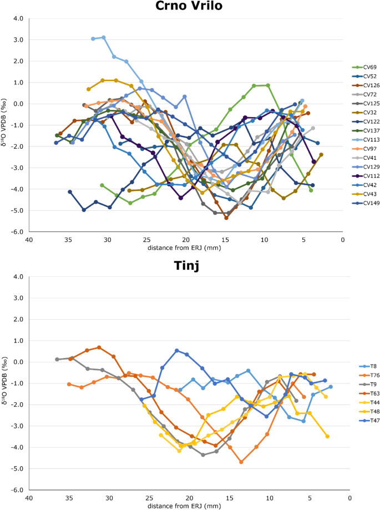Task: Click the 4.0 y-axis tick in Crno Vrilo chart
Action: (18, 18)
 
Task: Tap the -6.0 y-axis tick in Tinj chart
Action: (18, 490)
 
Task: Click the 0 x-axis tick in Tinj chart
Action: (349, 498)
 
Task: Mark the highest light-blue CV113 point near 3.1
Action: (104, 38)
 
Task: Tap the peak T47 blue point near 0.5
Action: (177, 351)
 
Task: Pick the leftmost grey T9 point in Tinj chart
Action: (57, 360)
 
